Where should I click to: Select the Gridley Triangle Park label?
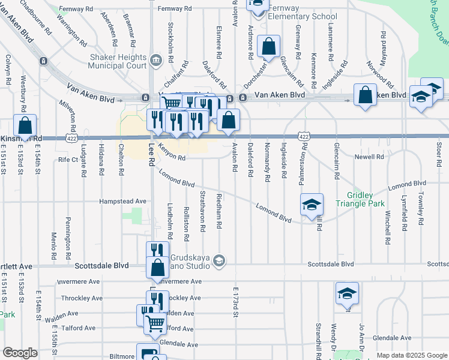coord(369,200)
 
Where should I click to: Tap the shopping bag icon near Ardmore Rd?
coord(269,46)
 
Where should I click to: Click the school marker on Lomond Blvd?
coord(312,205)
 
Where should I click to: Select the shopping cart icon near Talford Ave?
coord(155,323)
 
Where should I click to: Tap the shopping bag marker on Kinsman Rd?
coord(25,125)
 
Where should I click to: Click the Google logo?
coord(20,352)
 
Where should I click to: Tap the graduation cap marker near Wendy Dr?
coord(347,293)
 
